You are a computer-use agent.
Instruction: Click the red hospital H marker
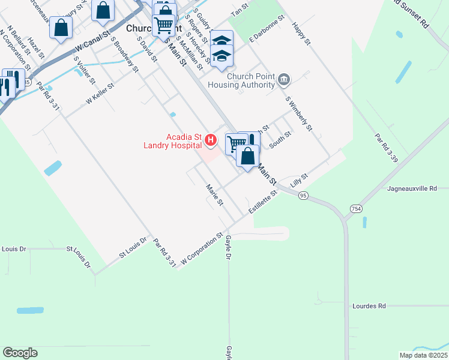[211, 140]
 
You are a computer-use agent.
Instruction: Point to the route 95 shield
[303, 196]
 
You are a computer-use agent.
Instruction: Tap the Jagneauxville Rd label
[412, 188]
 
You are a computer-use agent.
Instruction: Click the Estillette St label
[264, 205]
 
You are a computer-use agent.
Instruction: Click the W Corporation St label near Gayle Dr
[202, 248]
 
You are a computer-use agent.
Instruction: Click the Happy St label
[300, 34]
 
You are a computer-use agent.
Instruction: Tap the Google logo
[20, 353]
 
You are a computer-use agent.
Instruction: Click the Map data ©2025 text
[423, 355]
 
